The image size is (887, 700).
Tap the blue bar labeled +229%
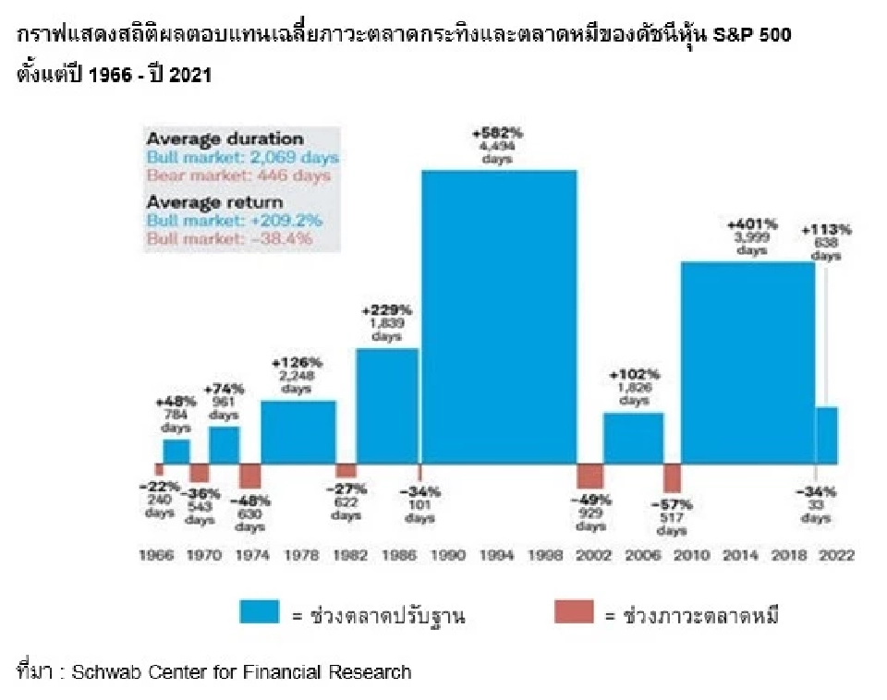pyautogui.click(x=387, y=406)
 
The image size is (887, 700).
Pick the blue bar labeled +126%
pyautogui.click(x=298, y=431)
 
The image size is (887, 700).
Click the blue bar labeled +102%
pyautogui.click(x=633, y=438)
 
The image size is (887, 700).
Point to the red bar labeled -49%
pyautogui.click(x=589, y=477)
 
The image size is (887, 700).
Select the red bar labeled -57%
pyautogui.click(x=672, y=478)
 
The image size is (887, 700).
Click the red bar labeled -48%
pyautogui.click(x=249, y=476)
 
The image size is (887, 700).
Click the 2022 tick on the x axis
pyautogui.click(x=836, y=556)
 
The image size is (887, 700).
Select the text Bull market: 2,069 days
pyautogui.click(x=242, y=157)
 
